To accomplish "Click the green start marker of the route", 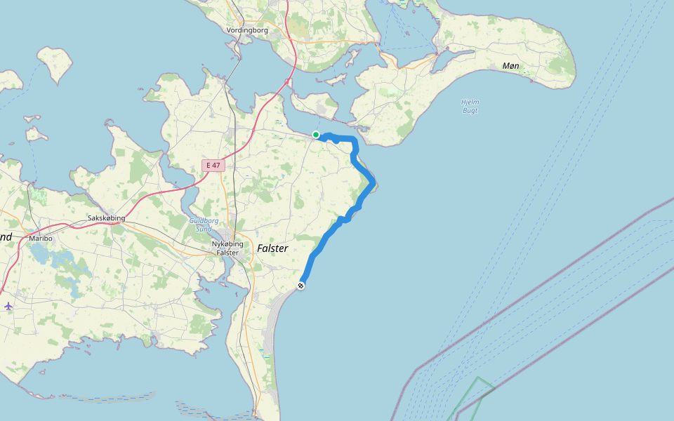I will tap(316, 135).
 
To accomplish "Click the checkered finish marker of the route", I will tap(301, 286).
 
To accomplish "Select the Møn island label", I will tap(510, 65).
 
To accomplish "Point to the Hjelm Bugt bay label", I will tap(470, 106).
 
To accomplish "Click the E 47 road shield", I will tap(212, 166).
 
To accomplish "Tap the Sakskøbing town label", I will tap(106, 218).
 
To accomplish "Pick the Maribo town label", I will tap(41, 239).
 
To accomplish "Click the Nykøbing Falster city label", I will tap(227, 248).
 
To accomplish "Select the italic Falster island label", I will tap(272, 248).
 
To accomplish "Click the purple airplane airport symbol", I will tap(8, 306).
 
